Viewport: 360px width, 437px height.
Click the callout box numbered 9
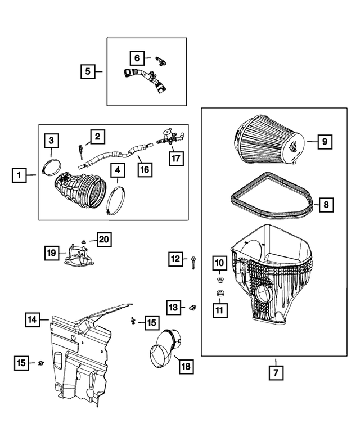pyautogui.click(x=325, y=142)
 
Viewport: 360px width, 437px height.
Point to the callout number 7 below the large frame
pyautogui.click(x=276, y=372)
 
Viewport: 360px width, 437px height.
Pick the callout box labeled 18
pyautogui.click(x=186, y=367)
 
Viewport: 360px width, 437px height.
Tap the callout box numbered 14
pyautogui.click(x=33, y=320)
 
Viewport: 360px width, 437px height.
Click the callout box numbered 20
pyautogui.click(x=104, y=240)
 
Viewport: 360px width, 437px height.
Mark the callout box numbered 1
pyautogui.click(x=20, y=176)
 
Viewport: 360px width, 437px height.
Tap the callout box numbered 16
pyautogui.click(x=145, y=169)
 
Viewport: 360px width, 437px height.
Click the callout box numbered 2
pyautogui.click(x=97, y=136)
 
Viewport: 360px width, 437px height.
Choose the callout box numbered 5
pyautogui.click(x=87, y=71)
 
